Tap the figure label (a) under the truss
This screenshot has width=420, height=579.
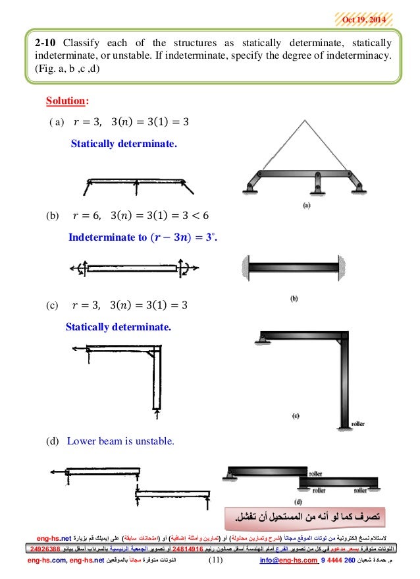click(305, 205)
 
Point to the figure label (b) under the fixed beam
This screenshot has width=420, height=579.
click(294, 297)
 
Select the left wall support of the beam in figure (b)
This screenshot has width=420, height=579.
click(246, 268)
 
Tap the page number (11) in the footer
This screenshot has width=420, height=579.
click(216, 561)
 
